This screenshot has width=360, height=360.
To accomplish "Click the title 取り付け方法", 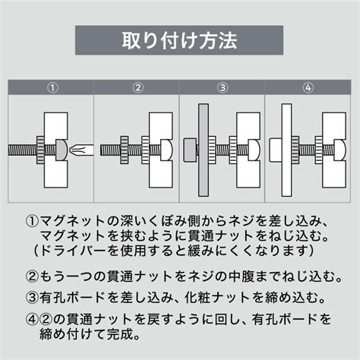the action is tap(179, 40).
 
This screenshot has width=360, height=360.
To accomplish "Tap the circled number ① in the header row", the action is tap(52, 87).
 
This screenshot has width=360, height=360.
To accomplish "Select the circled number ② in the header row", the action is tap(138, 87).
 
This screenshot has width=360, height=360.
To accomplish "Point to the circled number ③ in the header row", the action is tap(223, 87).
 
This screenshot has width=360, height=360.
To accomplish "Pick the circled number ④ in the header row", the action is tap(308, 87).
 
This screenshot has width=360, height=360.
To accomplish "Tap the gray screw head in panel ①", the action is tap(61, 150).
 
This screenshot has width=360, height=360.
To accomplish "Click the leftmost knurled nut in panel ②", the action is tap(125, 150).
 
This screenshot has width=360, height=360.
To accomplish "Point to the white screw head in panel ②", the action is tap(166, 150).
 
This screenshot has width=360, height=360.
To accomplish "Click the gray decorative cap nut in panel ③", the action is tap(190, 150).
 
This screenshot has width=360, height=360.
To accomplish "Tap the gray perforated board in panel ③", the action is tap(204, 150).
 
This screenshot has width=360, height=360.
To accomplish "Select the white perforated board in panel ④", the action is tap(286, 150).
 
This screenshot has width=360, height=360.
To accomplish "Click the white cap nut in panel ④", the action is tap(275, 150).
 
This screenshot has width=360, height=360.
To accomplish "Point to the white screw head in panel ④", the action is tap(339, 150).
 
